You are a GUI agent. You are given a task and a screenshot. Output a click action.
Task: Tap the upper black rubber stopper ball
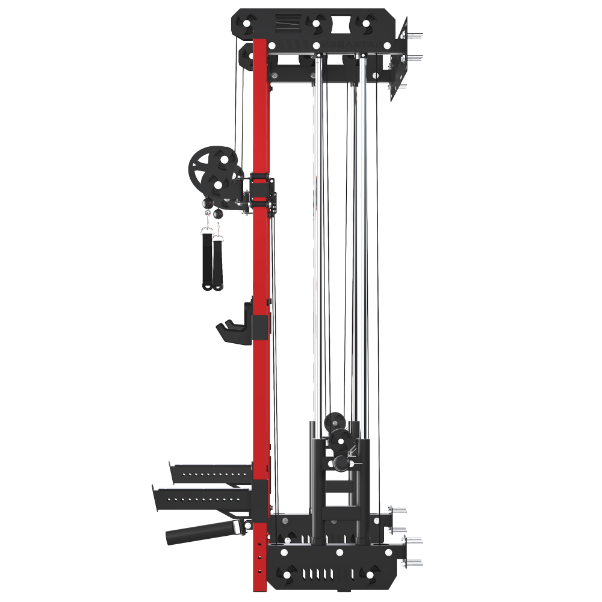(208, 203)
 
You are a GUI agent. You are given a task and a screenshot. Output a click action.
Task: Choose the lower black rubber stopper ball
(217, 213)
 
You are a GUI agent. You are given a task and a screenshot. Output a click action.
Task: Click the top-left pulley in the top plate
(247, 23)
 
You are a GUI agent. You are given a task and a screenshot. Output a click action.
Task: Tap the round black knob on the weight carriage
(340, 463)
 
